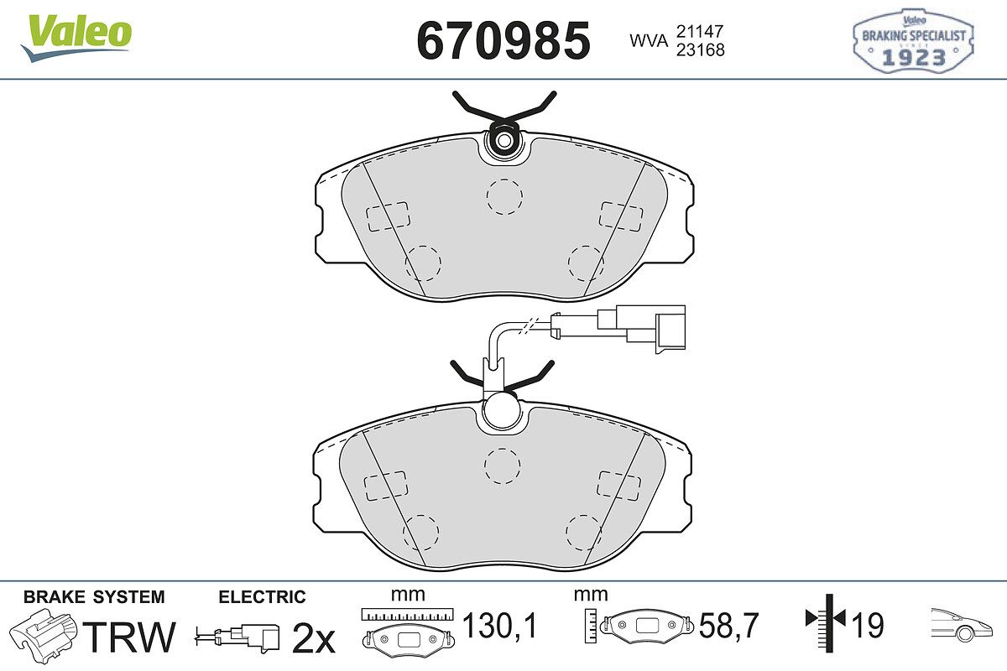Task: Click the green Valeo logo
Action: [76, 37]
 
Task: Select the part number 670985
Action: [503, 40]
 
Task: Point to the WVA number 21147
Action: [700, 32]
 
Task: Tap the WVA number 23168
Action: [701, 49]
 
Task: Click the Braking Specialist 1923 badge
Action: [913, 41]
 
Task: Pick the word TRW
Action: [129, 637]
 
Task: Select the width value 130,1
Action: [500, 626]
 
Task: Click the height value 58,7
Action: [728, 626]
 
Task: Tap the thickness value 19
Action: [867, 625]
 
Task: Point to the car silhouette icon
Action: [961, 625]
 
